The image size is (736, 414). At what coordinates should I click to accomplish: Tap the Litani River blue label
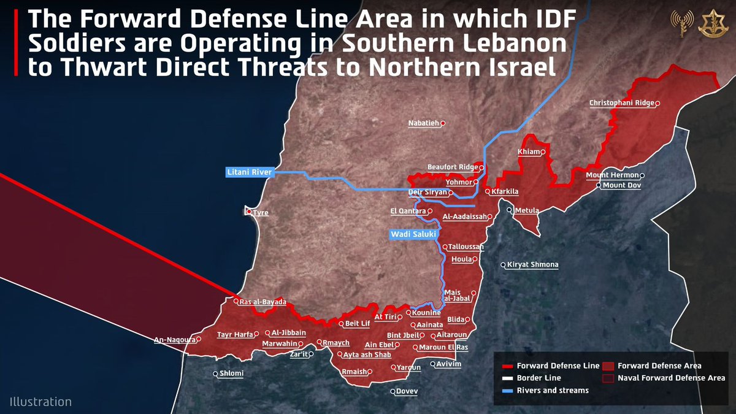tap(249, 172)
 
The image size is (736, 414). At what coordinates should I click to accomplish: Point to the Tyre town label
tap(261, 213)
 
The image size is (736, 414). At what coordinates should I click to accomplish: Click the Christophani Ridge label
tap(621, 103)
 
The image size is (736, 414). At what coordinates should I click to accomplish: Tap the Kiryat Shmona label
tap(532, 265)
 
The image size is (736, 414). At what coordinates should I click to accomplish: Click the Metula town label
tap(527, 211)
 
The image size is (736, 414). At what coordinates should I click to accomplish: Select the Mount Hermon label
tap(612, 175)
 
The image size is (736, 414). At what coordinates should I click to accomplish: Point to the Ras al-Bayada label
tap(263, 302)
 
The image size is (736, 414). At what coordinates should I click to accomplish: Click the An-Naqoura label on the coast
tap(174, 339)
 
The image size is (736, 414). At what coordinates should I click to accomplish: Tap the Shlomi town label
tap(232, 374)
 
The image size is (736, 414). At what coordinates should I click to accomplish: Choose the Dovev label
tap(407, 391)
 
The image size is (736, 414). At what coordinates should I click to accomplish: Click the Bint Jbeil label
tap(402, 335)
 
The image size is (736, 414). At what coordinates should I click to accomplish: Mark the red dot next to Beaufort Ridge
tap(481, 167)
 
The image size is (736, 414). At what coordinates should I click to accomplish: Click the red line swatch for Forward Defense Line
tap(505, 366)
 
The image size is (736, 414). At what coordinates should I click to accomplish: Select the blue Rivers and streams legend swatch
tap(505, 391)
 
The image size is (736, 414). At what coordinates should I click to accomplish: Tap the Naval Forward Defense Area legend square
tap(608, 378)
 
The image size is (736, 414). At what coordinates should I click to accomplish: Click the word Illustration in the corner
tap(40, 402)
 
